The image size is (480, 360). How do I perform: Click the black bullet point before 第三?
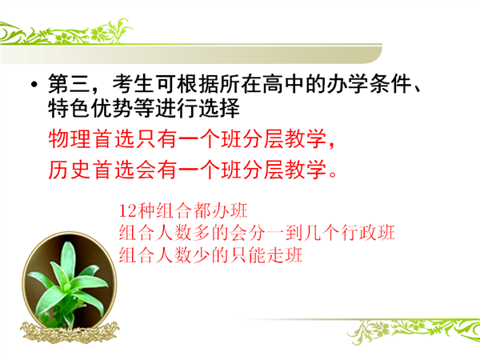tap(34, 84)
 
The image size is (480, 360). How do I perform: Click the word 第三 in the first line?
tap(69, 83)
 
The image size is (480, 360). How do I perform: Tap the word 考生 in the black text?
tap(133, 83)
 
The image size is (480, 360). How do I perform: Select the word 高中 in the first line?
tap(282, 83)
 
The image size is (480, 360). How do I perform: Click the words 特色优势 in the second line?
tap(90, 108)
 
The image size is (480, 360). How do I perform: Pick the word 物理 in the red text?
tap(69, 139)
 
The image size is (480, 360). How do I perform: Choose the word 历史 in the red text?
tap(69, 170)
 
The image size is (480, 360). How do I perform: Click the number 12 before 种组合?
tap(127, 211)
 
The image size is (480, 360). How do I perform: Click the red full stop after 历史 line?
tap(333, 174)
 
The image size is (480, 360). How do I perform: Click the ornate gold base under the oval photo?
tap(70, 332)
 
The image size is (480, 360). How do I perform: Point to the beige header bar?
tap(190, 54)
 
